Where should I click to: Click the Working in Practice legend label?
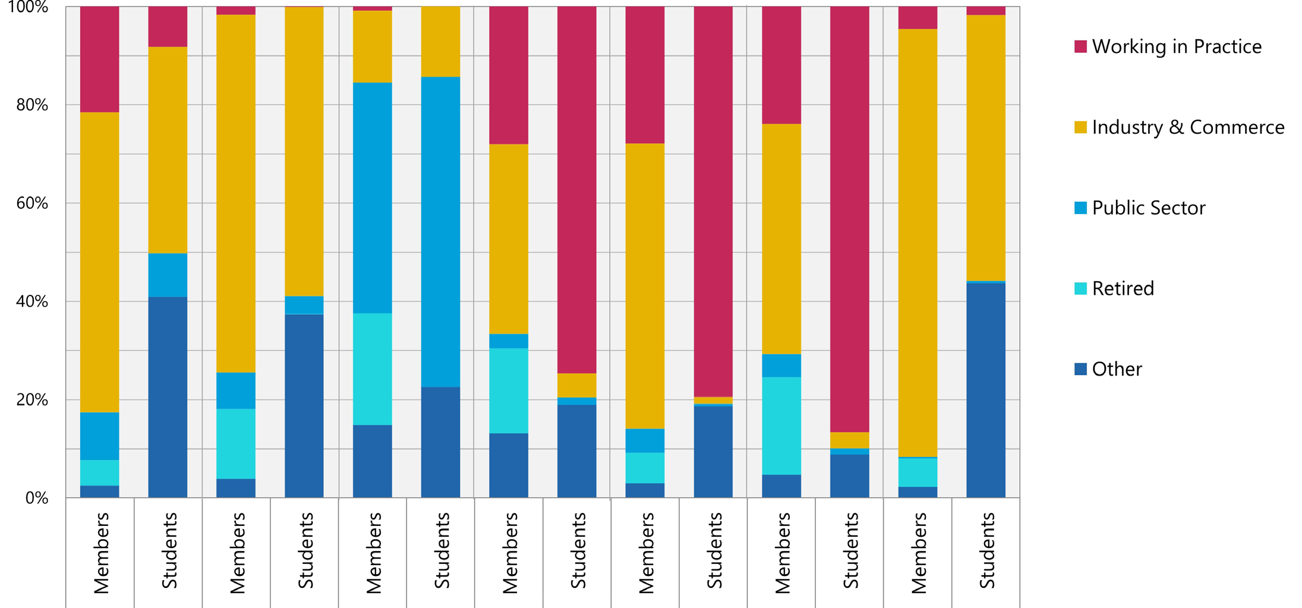(1176, 46)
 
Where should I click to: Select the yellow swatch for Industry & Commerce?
(1080, 127)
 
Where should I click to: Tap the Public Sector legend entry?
(1148, 208)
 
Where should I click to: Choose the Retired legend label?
(1123, 288)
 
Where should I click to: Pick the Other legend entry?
(1117, 369)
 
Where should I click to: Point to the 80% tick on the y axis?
(33, 105)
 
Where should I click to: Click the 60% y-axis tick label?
(33, 203)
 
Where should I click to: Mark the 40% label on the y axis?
(33, 301)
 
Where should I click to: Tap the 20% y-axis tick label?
(33, 399)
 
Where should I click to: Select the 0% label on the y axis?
(37, 497)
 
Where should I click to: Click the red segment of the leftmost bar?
(100, 59)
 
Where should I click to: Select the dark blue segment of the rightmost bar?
(986, 389)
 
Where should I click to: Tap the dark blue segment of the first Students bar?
(168, 397)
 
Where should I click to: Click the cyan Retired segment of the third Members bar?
(373, 368)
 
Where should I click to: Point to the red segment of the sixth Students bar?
(850, 220)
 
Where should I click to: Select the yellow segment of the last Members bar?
(918, 242)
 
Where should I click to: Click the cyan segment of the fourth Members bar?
(509, 390)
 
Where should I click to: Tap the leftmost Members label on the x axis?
(101, 553)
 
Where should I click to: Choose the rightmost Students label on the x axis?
(986, 550)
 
